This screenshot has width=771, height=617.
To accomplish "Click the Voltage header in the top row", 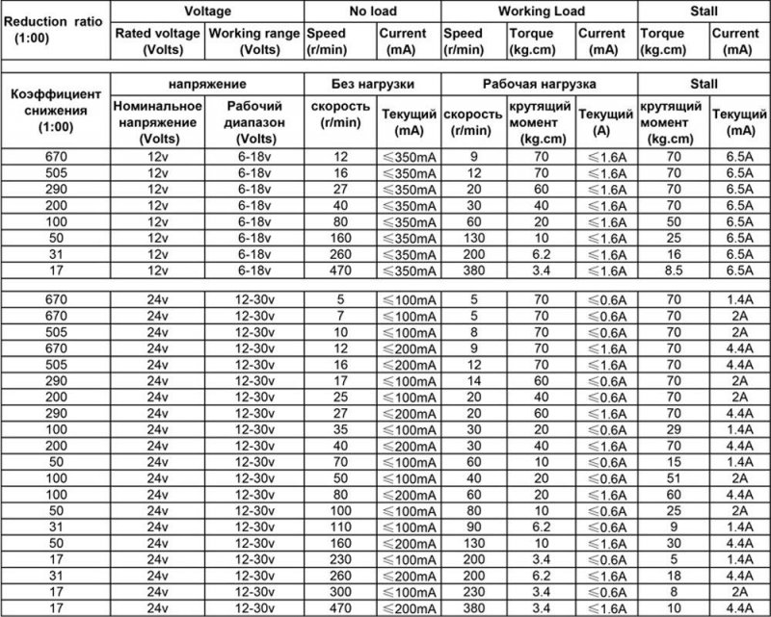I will pos(207,11).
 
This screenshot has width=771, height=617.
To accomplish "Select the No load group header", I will pos(373,11).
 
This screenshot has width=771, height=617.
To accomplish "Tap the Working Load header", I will pos(539,11).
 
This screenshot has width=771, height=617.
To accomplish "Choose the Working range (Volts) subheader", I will pos(254,39).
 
